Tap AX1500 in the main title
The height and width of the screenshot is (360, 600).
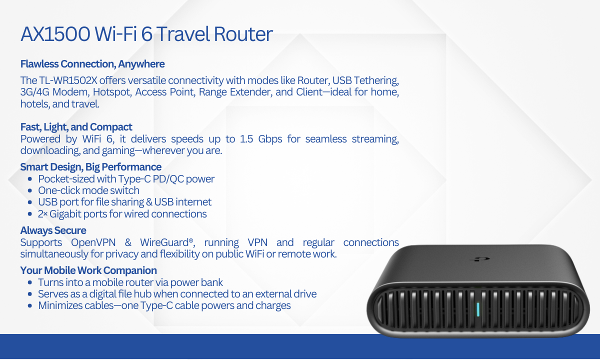55,34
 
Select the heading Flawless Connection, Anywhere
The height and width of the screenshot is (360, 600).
92,64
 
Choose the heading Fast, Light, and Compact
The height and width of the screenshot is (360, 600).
76,127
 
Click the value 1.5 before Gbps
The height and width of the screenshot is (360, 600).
246,139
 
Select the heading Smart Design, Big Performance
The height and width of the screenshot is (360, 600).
91,167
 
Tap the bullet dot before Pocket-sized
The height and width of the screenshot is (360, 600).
30,179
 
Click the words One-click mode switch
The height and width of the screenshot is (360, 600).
88,190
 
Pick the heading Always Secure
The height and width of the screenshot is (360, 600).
53,230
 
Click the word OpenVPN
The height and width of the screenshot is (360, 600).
93,242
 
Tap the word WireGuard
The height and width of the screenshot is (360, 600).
164,242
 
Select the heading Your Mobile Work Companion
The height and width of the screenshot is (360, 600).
88,270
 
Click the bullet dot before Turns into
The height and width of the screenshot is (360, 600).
30,282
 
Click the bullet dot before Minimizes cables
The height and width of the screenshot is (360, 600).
30,305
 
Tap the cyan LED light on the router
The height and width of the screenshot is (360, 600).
478,309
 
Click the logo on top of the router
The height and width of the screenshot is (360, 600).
480,259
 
